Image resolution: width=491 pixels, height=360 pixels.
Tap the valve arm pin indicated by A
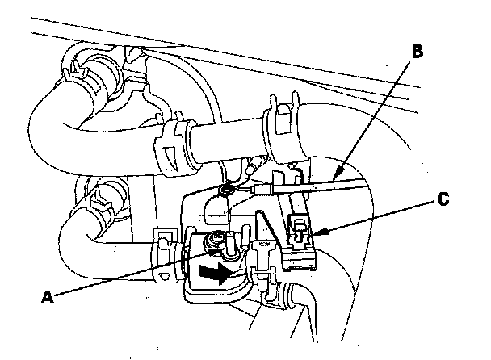216,240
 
